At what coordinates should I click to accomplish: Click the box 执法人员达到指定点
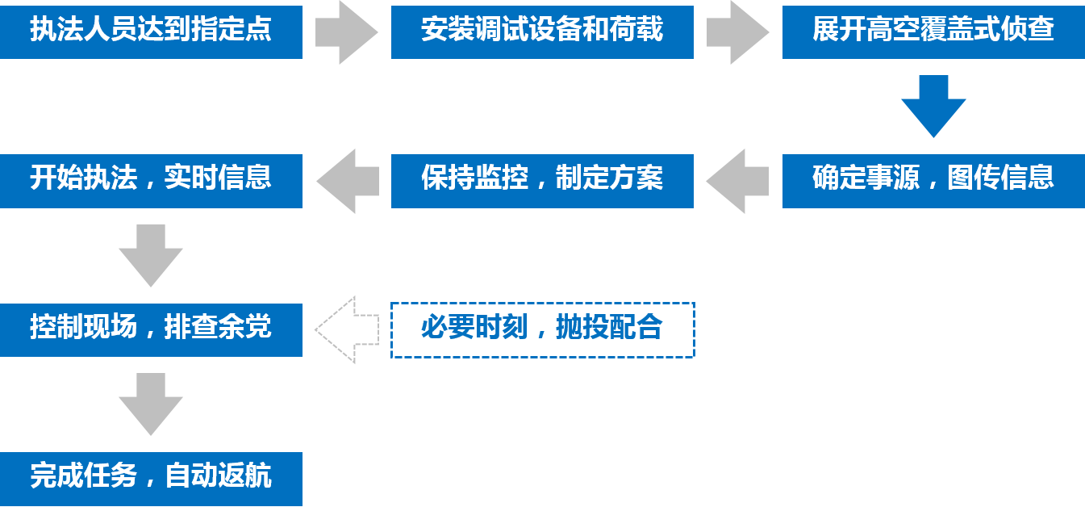pyautogui.click(x=151, y=31)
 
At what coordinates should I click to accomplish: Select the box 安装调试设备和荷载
pyautogui.click(x=542, y=31)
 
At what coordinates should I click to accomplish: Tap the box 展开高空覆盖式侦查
pyautogui.click(x=933, y=31)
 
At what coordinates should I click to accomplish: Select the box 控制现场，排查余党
pyautogui.click(x=151, y=329)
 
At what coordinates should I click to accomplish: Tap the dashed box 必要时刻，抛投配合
pyautogui.click(x=542, y=329)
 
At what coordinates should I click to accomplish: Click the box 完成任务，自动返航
pyautogui.click(x=151, y=477)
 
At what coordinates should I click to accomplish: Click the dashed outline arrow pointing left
pyautogui.click(x=347, y=329)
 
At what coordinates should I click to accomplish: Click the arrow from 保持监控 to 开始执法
pyautogui.click(x=347, y=180)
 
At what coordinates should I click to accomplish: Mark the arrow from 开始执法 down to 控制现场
pyautogui.click(x=151, y=255)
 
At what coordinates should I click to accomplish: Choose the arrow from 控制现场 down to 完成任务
pyautogui.click(x=151, y=404)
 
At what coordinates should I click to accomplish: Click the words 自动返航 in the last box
pyautogui.click(x=218, y=477)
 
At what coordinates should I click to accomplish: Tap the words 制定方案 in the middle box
pyautogui.click(x=609, y=178)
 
